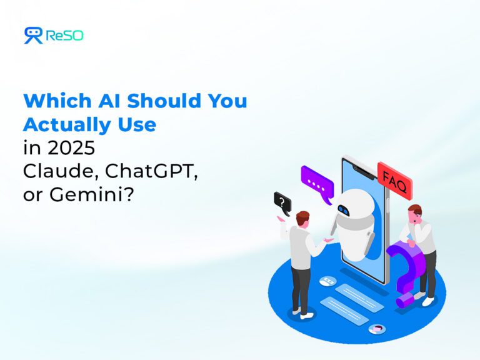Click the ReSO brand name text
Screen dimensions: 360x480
[x=64, y=36]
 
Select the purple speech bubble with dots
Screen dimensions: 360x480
[x=317, y=182]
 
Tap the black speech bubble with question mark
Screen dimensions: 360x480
[x=282, y=202]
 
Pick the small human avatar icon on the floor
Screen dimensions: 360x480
[x=376, y=329]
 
